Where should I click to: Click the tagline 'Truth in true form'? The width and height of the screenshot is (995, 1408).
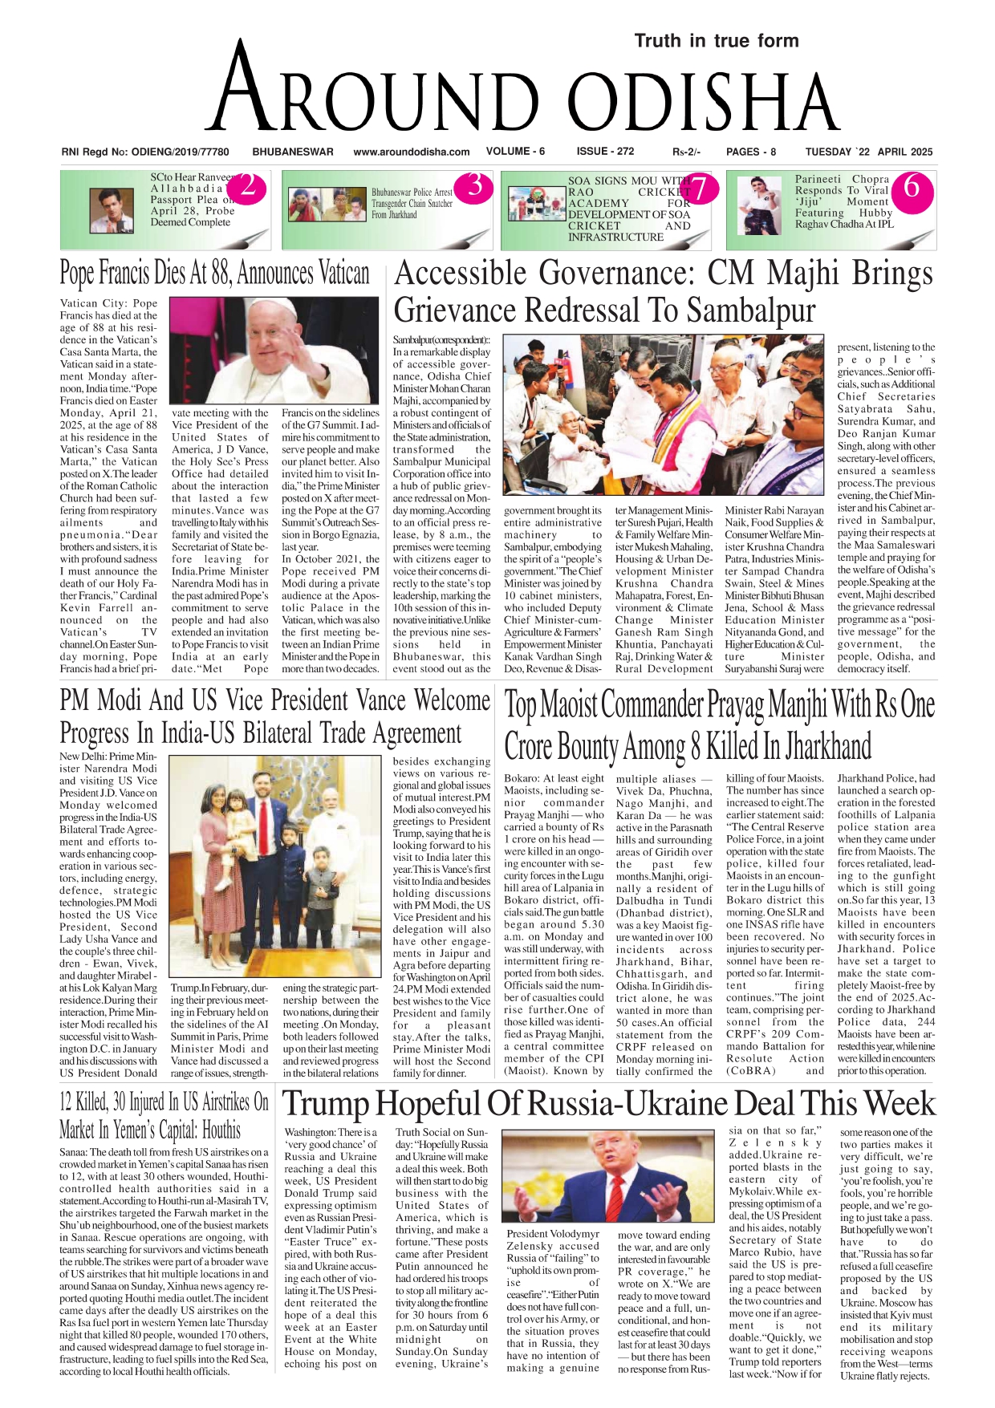[x=716, y=41]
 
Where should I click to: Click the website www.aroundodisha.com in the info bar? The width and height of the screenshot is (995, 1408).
[x=411, y=152]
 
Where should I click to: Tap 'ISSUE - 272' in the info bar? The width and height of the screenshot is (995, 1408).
[x=605, y=151]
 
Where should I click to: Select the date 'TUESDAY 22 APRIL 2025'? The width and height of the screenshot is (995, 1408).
[x=869, y=152]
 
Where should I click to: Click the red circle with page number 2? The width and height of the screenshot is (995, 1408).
[x=249, y=187]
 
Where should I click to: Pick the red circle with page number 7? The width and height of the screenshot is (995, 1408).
[x=700, y=189]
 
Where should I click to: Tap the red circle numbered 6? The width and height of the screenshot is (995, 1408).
[x=912, y=187]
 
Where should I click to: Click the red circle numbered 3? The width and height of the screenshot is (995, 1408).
[x=475, y=185]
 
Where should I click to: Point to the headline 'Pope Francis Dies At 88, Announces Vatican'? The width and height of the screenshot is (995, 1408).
[x=214, y=274]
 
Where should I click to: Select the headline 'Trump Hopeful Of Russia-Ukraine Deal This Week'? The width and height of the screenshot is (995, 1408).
[x=608, y=1104]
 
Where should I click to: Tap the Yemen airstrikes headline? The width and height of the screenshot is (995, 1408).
[x=164, y=1116]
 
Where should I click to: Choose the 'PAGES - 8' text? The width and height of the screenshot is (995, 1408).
[x=750, y=152]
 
